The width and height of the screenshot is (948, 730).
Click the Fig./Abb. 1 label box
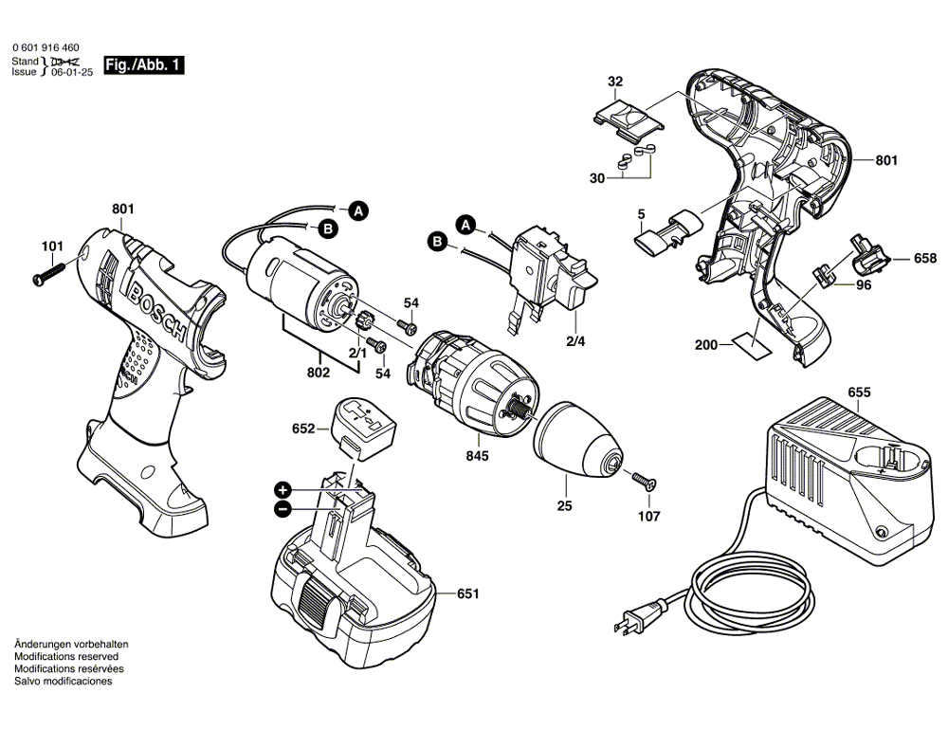pyautogui.click(x=143, y=66)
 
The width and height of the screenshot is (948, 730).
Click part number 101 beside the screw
pyautogui.click(x=51, y=248)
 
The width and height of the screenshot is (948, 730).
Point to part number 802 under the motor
pyautogui.click(x=318, y=373)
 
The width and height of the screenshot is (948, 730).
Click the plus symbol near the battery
pyautogui.click(x=282, y=490)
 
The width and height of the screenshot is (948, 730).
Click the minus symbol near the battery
pyautogui.click(x=282, y=509)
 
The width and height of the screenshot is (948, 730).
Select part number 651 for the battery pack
pyautogui.click(x=467, y=594)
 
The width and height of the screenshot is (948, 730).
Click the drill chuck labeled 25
pyautogui.click(x=580, y=441)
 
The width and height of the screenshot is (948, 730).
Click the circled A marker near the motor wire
pyautogui.click(x=357, y=212)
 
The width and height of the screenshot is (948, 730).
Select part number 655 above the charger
pyautogui.click(x=858, y=392)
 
